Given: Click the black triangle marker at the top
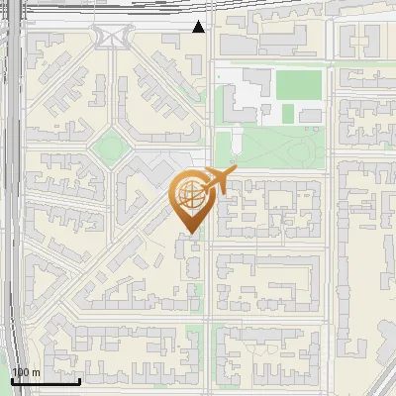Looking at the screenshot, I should click(x=199, y=27).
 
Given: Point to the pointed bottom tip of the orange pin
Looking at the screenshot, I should click(x=189, y=235).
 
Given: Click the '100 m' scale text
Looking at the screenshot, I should click(x=26, y=371).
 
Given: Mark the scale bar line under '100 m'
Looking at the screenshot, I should click(x=46, y=381).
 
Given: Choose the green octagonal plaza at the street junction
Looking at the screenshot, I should click(x=110, y=149).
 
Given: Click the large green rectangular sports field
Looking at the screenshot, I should click(x=298, y=84).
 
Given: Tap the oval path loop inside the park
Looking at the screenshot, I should click(x=297, y=150).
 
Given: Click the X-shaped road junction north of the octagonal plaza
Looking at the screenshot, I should click(x=110, y=38).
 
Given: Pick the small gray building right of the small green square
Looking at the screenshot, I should click(x=310, y=116).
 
